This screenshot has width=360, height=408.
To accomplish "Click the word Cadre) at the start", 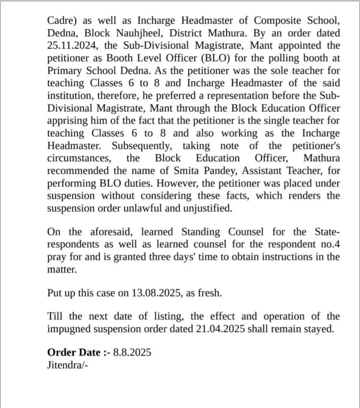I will tap(62, 21).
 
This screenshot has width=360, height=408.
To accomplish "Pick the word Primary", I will tap(63, 71).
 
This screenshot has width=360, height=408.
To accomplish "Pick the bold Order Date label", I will tap(74, 352).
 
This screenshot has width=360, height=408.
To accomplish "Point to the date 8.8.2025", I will tap(132, 352).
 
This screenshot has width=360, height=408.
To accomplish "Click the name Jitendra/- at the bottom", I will tap(68, 364).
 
